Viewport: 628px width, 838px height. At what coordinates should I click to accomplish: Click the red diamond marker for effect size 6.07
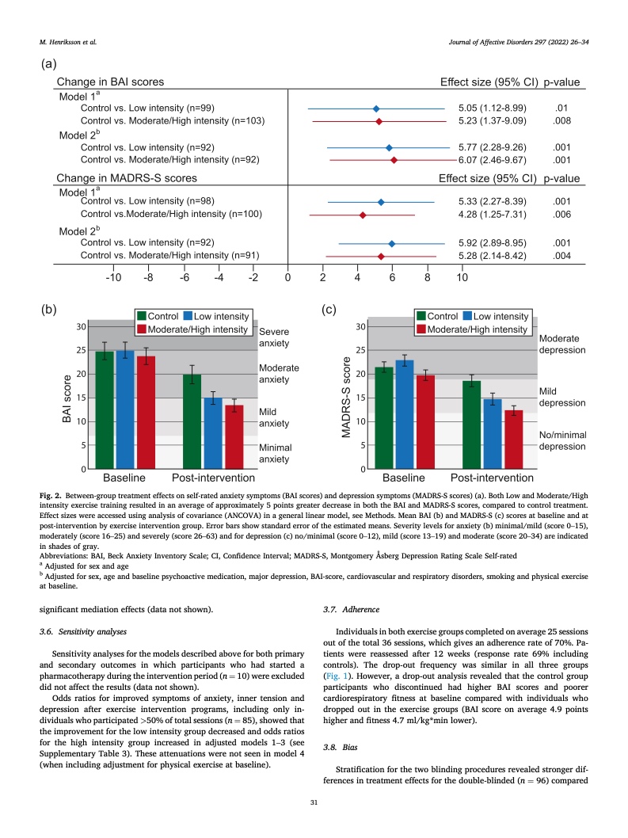click(394, 160)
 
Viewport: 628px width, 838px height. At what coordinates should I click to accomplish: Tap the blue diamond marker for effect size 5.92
click(391, 243)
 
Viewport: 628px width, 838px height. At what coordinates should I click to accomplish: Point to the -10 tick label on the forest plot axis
click(113, 277)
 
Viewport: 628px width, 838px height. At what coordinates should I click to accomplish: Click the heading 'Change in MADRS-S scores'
click(126, 179)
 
